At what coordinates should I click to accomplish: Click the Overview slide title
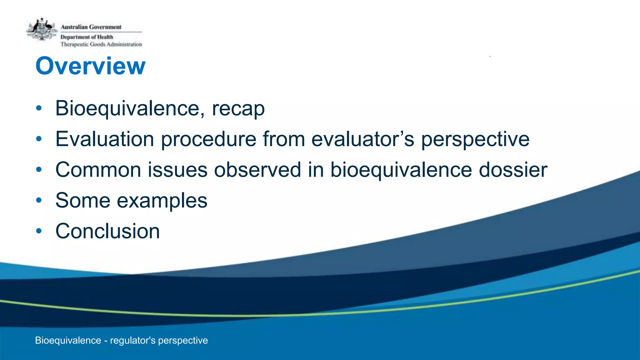tap(90, 66)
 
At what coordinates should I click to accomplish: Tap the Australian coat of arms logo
tap(42, 30)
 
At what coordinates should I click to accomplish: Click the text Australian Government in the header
tap(91, 27)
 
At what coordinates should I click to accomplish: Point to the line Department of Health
tap(87, 37)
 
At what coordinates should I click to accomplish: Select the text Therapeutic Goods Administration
tap(101, 44)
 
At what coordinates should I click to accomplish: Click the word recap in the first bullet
tap(238, 109)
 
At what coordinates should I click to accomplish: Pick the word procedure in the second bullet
tap(209, 139)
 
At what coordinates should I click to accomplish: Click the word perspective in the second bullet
tap(475, 139)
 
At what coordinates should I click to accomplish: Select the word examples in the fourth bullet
tap(162, 201)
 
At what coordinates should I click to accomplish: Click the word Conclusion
tap(107, 231)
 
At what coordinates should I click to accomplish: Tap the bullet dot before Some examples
tap(39, 200)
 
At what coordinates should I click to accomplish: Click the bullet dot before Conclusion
tap(39, 231)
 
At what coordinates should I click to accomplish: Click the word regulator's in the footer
tap(132, 340)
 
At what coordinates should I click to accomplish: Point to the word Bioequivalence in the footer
tap(68, 340)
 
